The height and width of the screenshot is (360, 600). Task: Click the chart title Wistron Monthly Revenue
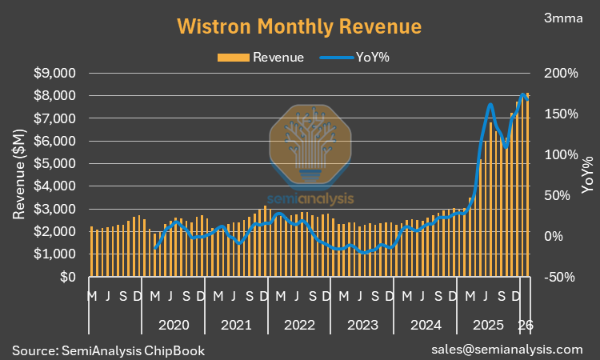coord(298,26)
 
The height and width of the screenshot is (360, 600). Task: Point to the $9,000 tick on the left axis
coord(54,73)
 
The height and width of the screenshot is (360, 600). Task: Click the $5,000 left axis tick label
coord(54,163)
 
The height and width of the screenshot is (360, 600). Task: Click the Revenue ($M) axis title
coord(19,175)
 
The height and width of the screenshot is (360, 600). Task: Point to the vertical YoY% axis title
coord(588,175)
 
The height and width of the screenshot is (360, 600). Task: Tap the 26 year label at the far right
coord(526,325)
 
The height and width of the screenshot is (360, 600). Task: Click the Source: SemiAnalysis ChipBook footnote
coord(108,350)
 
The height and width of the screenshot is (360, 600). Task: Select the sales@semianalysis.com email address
coord(506,350)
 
